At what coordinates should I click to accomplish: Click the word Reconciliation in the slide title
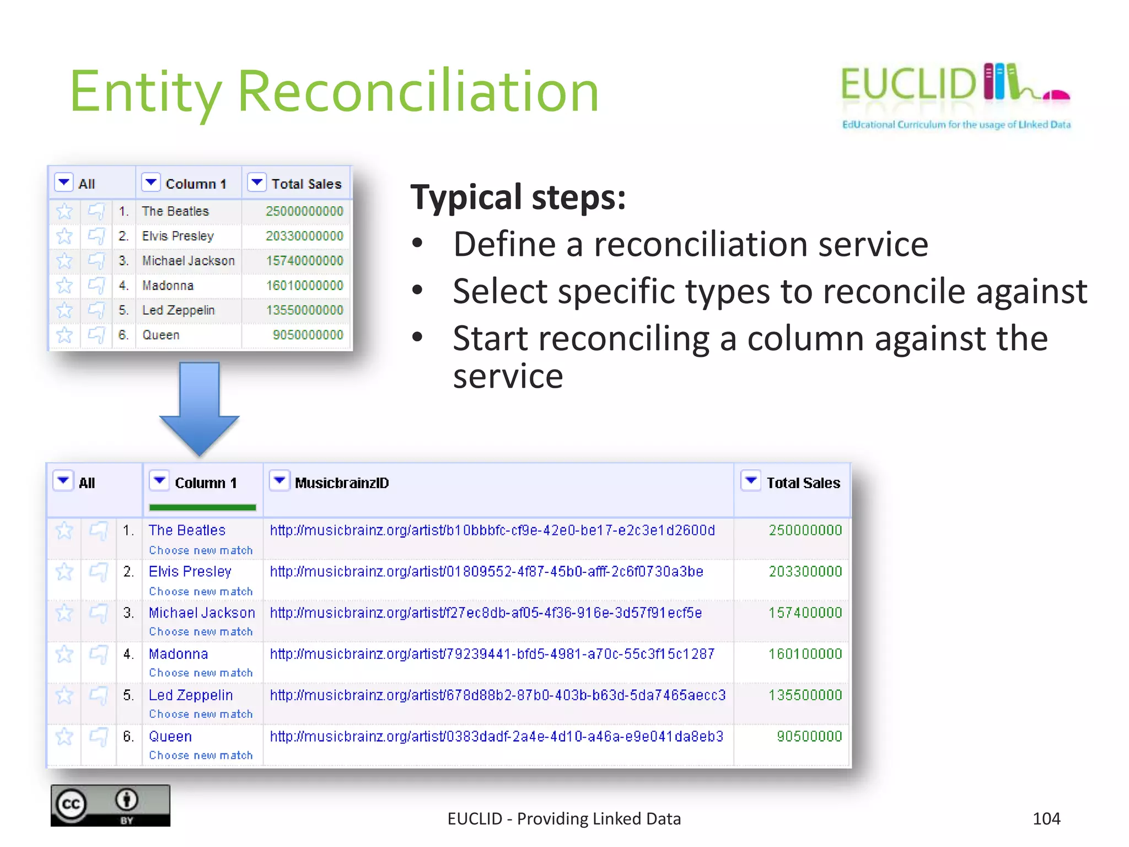[x=418, y=92]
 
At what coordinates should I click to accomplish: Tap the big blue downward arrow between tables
[x=199, y=408]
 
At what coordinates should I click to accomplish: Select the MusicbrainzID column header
[x=342, y=483]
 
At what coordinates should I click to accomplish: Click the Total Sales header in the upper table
[x=306, y=184]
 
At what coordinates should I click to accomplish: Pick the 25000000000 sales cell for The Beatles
[x=304, y=211]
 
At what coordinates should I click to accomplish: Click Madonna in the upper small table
[x=168, y=286]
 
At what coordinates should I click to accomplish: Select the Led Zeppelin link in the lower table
[x=191, y=695]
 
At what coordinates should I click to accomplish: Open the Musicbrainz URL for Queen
[x=496, y=736]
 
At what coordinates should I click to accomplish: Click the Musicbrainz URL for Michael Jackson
[x=486, y=613]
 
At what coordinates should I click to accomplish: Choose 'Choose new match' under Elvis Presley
[x=201, y=591]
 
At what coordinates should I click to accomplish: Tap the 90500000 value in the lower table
[x=809, y=736]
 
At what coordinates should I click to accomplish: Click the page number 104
[x=1046, y=818]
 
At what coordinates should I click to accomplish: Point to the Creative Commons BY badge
[x=110, y=806]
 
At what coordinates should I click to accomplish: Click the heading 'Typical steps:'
[x=518, y=197]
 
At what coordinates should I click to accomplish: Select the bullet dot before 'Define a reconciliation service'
[x=417, y=243]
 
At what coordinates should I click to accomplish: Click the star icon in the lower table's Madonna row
[x=64, y=654]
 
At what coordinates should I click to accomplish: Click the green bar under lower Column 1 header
[x=202, y=507]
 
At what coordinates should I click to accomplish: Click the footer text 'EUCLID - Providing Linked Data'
[x=564, y=819]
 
